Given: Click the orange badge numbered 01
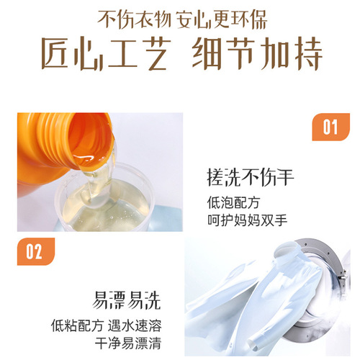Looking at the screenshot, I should (328, 127).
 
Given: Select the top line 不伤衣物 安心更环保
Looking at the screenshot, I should (179, 16).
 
